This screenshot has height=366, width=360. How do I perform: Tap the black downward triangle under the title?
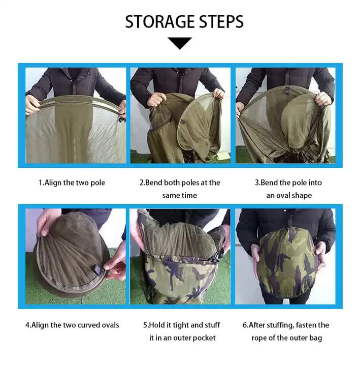pos(180,43)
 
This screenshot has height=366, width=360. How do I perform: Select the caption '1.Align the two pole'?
pos(72,182)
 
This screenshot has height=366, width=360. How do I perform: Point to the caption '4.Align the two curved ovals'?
pos(72,325)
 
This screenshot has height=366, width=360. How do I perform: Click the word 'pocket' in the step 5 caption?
pos(203,338)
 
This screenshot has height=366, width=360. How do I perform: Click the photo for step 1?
pos(76,115)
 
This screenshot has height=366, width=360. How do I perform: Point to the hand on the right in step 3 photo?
pos(323,99)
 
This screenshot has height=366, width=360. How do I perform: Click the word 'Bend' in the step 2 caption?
pos(155,182)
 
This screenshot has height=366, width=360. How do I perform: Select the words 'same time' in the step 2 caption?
pos(180,195)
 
